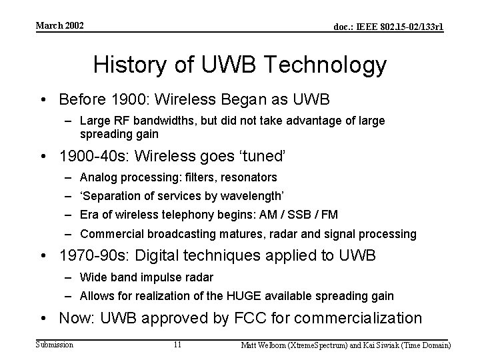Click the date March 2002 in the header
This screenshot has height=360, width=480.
click(60, 25)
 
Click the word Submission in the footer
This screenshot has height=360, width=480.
click(55, 344)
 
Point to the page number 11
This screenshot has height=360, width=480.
click(177, 345)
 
